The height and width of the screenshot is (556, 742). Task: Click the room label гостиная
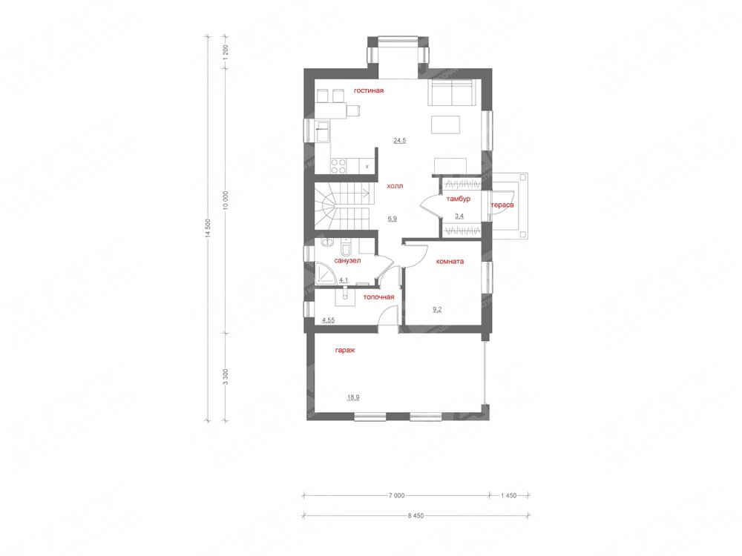click(x=369, y=90)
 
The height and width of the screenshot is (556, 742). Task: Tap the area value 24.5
click(x=400, y=140)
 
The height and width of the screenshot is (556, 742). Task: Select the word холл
click(x=395, y=186)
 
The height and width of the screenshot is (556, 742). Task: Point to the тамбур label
click(x=458, y=199)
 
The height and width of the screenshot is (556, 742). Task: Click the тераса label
click(x=502, y=205)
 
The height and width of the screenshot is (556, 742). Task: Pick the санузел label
click(x=348, y=260)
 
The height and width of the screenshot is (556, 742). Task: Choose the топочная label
click(x=378, y=297)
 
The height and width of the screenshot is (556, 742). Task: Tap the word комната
click(x=450, y=261)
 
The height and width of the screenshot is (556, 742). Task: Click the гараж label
click(x=345, y=351)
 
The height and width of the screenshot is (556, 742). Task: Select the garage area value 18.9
click(x=353, y=397)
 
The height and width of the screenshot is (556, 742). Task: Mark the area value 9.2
click(x=438, y=310)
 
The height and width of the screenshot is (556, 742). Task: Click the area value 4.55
click(x=329, y=320)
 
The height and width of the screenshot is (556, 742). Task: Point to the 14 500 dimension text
click(x=209, y=230)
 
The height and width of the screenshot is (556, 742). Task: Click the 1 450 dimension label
click(x=509, y=496)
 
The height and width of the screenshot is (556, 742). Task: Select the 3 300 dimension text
click(x=226, y=377)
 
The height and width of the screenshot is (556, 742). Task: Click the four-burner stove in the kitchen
click(x=338, y=166)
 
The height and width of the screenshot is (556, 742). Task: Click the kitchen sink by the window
click(x=323, y=130)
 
